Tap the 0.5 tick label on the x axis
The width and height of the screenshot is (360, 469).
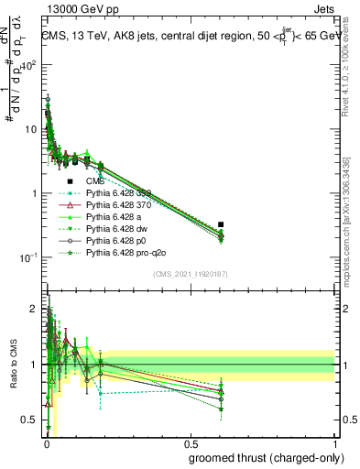[189, 445]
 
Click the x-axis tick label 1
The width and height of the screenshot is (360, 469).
[334, 445]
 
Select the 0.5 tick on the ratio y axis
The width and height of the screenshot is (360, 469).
[29, 420]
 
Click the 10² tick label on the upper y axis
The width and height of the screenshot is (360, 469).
[28, 65]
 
